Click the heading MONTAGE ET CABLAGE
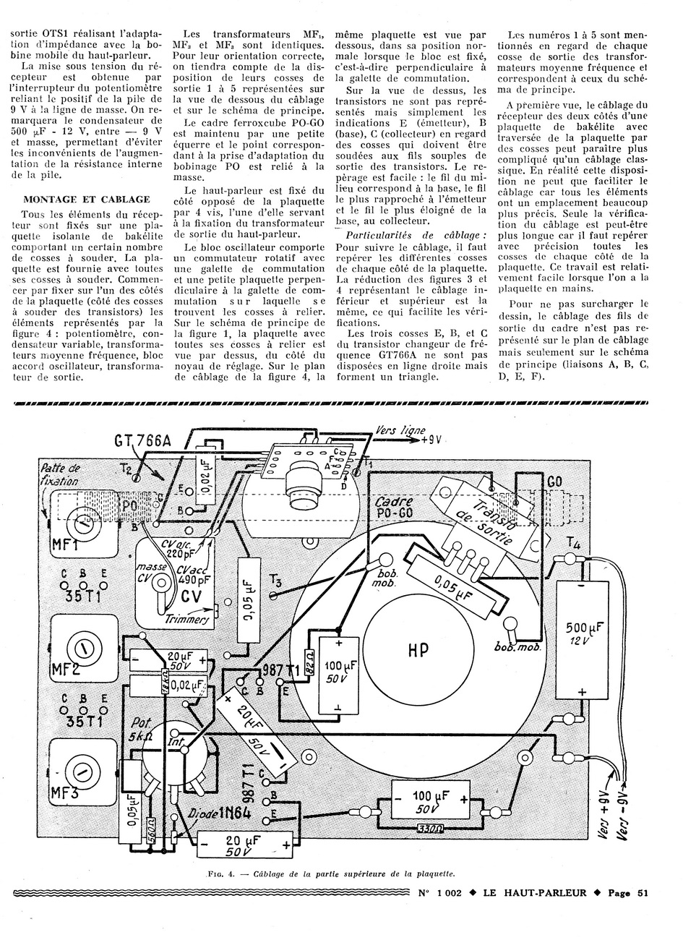point(87,199)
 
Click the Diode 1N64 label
point(215,813)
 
